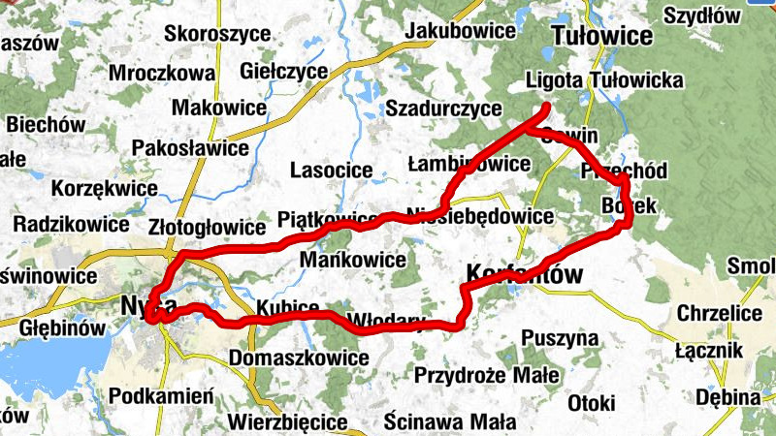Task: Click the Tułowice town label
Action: [x=600, y=37]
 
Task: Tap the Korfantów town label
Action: [x=526, y=274]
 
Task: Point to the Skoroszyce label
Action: [x=217, y=33]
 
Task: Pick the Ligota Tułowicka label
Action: [x=602, y=80]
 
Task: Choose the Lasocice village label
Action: [x=331, y=171]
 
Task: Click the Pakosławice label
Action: [x=189, y=149]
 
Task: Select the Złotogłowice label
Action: [x=207, y=228]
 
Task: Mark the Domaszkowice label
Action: [x=299, y=358]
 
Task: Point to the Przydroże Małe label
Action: [x=485, y=375]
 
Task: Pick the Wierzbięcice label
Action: [x=287, y=422]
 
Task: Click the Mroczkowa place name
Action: [x=161, y=73]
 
